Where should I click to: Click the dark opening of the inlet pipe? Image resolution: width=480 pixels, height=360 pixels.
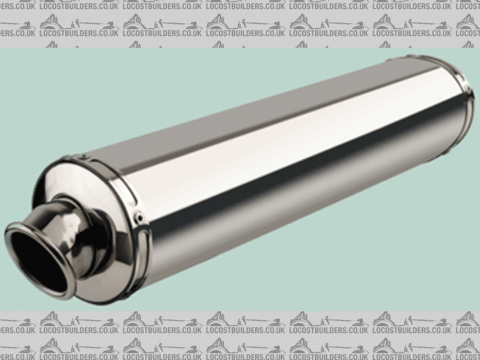click(38, 262)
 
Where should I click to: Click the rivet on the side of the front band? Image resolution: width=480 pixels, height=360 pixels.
click(139, 217)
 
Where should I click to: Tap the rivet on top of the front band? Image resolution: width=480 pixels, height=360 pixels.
click(82, 157)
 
